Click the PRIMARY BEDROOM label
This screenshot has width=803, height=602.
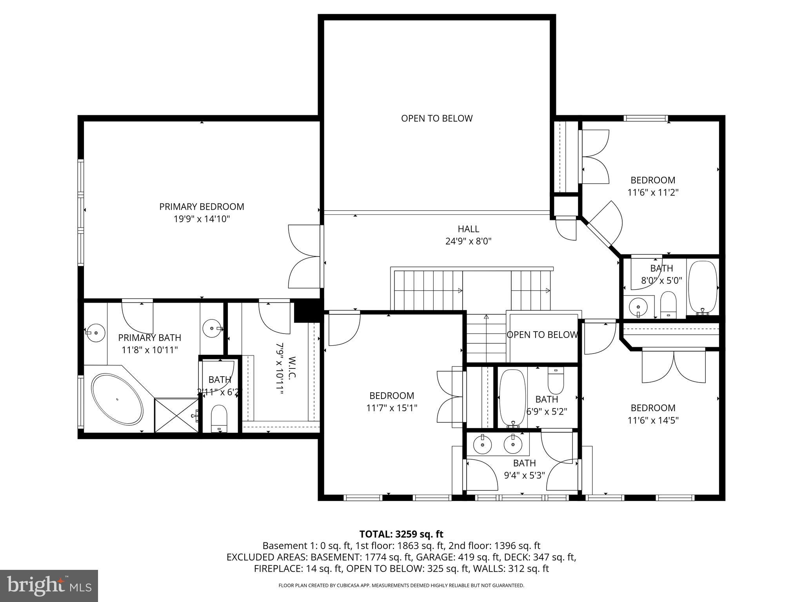(x=202, y=207)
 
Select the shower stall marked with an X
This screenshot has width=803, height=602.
(x=176, y=415)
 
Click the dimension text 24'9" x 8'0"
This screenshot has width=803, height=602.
(x=468, y=241)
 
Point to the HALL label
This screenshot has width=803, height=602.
(x=468, y=228)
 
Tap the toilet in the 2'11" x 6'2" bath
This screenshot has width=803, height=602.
(x=219, y=418)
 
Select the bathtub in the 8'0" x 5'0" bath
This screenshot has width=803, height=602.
(x=703, y=286)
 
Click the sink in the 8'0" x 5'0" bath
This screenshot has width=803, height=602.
(x=639, y=306)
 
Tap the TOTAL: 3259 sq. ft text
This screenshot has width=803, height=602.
(x=401, y=534)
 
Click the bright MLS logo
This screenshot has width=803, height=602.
(x=49, y=586)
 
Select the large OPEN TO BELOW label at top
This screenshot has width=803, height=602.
(x=436, y=118)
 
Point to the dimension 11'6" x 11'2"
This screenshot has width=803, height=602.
(x=652, y=192)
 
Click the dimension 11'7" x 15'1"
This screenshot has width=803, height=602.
(x=391, y=408)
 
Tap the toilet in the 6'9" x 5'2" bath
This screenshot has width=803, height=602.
(x=556, y=381)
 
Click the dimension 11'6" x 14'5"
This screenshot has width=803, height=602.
(x=652, y=420)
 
